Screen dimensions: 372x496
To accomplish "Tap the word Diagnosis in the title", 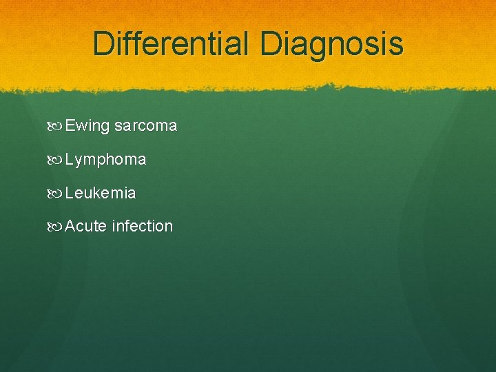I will coord(332,44).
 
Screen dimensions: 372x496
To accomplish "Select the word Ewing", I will coord(87,127).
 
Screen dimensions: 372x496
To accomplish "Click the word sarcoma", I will coord(145,126).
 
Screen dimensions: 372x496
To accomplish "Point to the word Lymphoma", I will coord(105,160).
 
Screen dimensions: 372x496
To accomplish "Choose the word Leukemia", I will coord(101,193).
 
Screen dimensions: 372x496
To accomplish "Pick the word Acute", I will coord(85,226).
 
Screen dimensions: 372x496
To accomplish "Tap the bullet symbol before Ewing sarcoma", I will coord(56,127).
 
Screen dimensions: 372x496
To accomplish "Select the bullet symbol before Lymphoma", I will coord(56,160).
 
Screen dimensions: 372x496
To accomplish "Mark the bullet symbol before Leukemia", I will coord(56,193).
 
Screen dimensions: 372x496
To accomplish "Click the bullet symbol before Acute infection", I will coord(56,226).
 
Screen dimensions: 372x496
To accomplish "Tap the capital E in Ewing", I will coord(70,126).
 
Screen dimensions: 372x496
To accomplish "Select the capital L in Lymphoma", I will coord(69,159).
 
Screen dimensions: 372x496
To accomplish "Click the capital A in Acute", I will coord(70,226).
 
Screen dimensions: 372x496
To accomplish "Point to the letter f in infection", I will coord(127,225).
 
